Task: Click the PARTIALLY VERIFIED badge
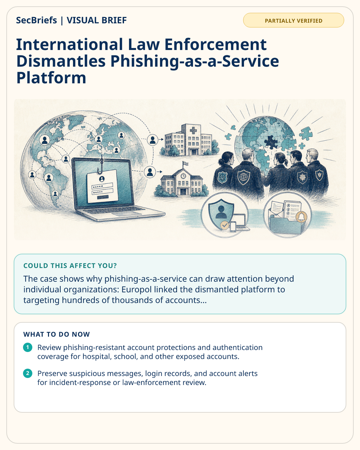293,20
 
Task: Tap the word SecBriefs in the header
36,20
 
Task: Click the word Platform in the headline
51,78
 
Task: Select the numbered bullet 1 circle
28,347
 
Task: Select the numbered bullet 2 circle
28,373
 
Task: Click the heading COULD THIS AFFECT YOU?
70,266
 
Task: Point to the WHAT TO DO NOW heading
56,334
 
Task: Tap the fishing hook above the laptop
101,167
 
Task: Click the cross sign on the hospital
193,131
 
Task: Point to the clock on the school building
183,176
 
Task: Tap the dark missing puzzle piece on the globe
271,142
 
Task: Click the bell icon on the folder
301,217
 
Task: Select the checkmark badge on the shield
225,225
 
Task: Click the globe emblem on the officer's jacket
244,177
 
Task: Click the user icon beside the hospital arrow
152,140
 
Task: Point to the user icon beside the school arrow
150,172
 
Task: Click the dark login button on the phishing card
103,197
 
